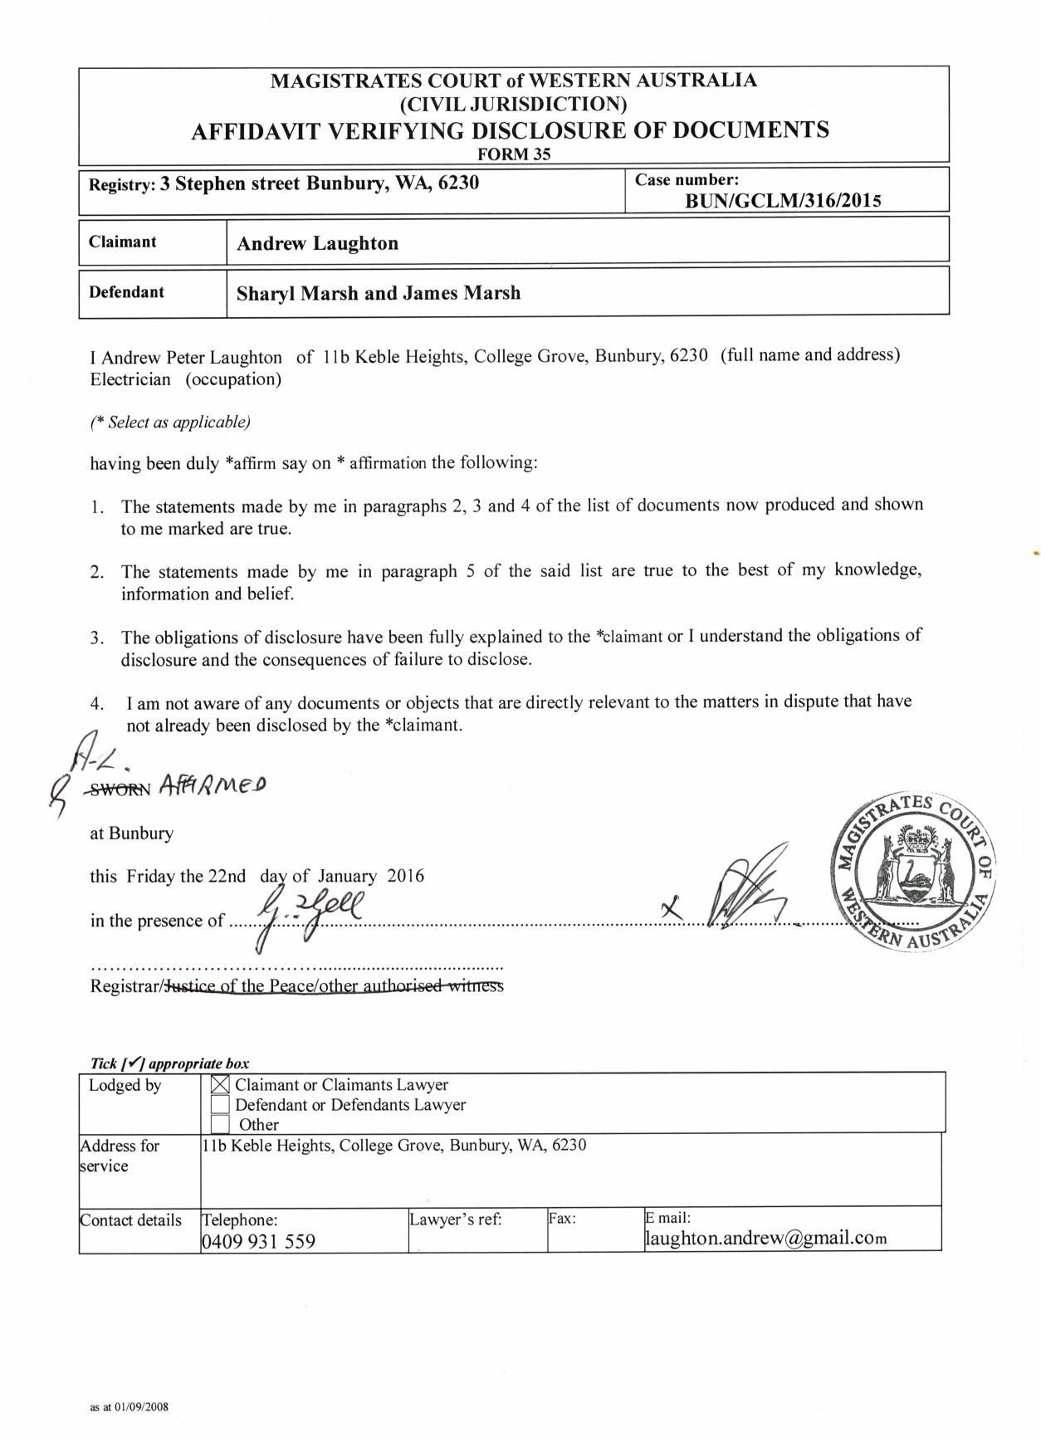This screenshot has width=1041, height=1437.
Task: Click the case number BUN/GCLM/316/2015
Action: click(783, 200)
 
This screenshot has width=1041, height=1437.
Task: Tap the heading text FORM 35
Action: click(514, 154)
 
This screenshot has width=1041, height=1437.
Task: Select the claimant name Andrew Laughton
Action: click(317, 243)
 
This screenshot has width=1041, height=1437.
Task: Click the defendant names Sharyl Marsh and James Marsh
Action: click(379, 293)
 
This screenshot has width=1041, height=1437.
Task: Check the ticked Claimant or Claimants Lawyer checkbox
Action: click(220, 1084)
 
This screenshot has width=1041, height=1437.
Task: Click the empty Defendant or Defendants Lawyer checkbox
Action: click(220, 1104)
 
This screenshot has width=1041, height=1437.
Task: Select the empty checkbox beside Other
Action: click(220, 1124)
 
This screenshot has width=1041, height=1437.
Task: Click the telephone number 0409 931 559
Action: click(258, 1241)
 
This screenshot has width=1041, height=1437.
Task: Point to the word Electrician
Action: click(130, 379)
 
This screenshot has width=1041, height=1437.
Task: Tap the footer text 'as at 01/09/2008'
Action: click(129, 1407)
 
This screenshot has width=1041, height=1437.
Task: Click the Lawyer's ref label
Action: click(455, 1219)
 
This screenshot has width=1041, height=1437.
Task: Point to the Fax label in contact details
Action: click(562, 1219)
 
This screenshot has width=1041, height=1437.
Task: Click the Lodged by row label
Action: click(125, 1085)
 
